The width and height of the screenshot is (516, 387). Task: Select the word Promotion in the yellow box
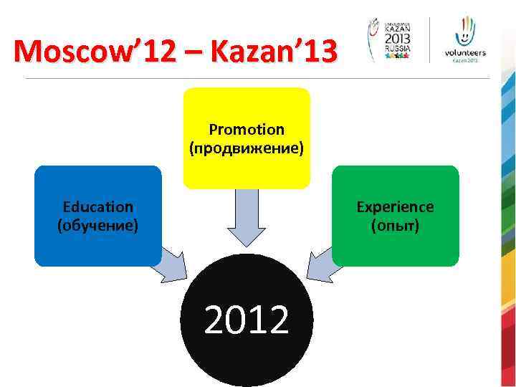[247, 130]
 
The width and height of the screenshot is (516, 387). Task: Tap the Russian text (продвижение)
[247, 148]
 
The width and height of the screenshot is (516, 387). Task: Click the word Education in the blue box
[97, 207]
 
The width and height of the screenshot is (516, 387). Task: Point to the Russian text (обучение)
[97, 226]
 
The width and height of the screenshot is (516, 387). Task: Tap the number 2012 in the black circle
[247, 320]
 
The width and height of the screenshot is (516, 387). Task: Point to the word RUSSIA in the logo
[398, 49]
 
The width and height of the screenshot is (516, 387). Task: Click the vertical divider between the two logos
[430, 39]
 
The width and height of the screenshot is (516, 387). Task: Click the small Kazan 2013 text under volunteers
[464, 61]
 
